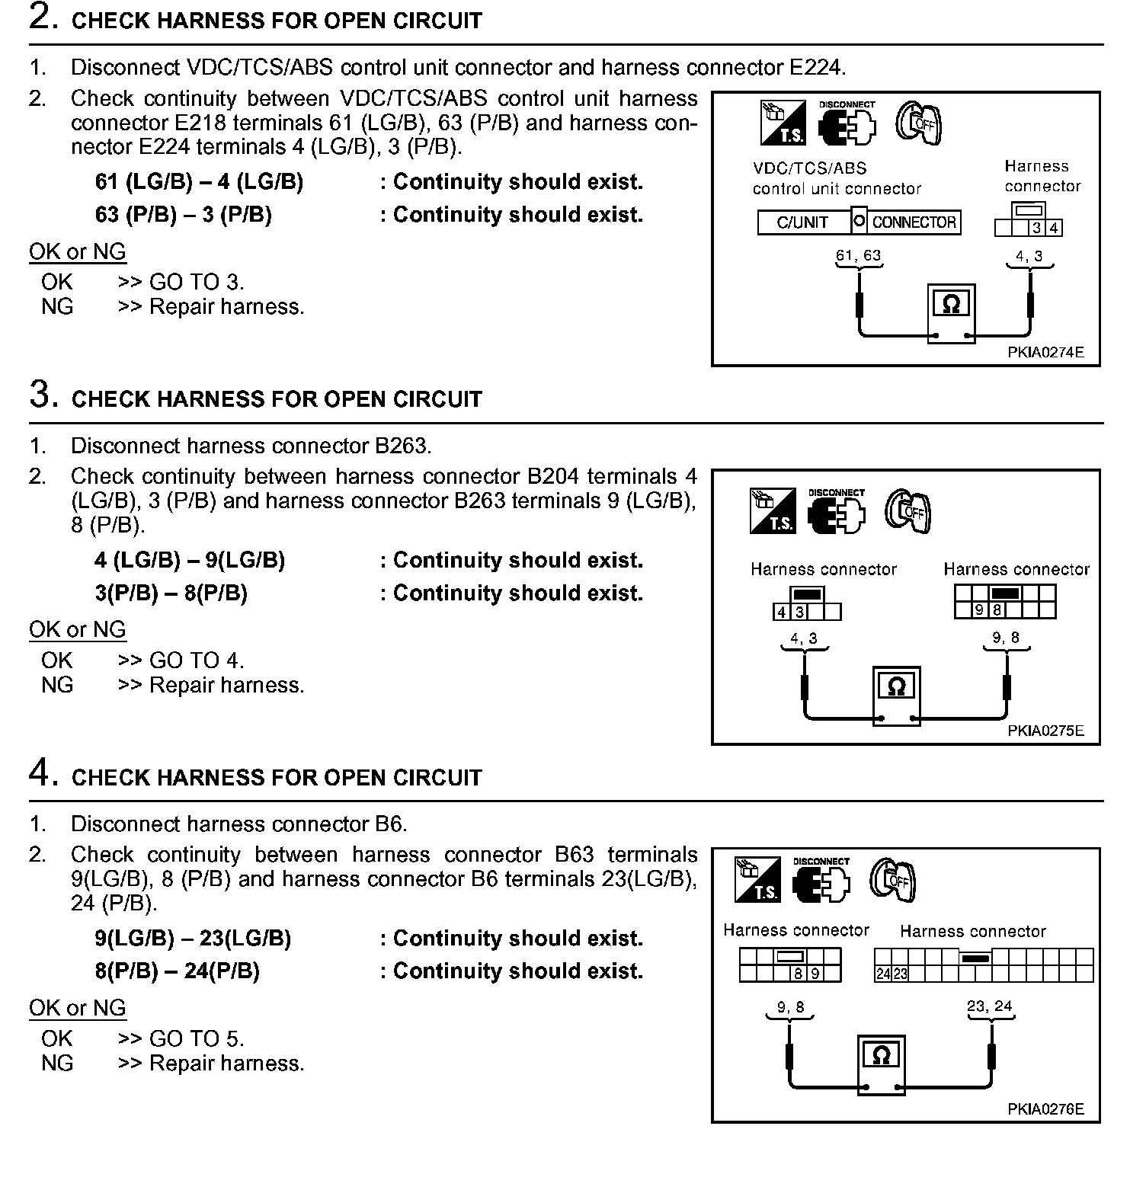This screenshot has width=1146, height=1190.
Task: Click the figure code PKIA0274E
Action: [x=1045, y=353]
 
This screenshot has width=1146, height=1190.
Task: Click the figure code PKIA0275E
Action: [x=1045, y=731]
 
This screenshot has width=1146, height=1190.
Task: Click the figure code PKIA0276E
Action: [x=1045, y=1109]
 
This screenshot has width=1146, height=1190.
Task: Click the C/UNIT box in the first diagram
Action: [x=802, y=222]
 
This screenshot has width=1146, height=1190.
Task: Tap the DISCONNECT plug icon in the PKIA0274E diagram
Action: [x=847, y=123]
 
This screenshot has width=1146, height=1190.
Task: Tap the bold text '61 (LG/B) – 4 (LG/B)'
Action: [x=199, y=182]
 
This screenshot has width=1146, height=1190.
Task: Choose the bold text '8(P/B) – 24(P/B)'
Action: [x=177, y=971]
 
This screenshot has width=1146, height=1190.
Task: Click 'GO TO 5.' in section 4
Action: [x=197, y=1039]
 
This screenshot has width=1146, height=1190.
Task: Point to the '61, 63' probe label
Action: [x=858, y=255]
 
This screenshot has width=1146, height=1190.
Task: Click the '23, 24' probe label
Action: [x=989, y=1006]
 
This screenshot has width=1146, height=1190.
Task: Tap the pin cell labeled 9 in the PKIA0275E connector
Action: [x=979, y=609]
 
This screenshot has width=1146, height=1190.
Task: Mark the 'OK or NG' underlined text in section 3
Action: [x=77, y=629]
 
